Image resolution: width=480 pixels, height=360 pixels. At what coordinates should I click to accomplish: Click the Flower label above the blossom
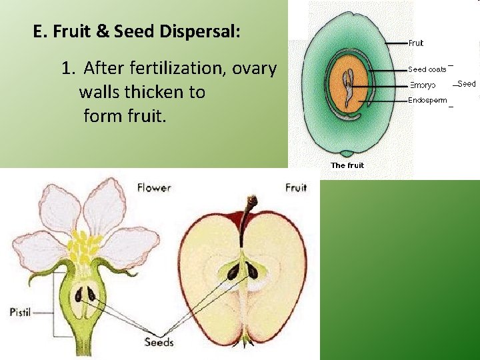154,187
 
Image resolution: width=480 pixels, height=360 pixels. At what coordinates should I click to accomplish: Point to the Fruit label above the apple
296,187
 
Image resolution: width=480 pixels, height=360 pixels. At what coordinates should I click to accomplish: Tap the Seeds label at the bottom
159,342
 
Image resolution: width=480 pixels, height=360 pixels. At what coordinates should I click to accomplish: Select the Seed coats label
427,69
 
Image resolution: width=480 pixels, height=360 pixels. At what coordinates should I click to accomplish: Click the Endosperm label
427,101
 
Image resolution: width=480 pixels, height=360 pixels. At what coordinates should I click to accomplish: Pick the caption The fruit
347,165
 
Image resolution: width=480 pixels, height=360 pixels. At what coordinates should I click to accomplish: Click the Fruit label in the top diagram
416,43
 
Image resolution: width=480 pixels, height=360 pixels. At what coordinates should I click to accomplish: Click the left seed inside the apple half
234,270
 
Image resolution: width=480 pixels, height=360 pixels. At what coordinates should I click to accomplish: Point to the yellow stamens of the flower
83,247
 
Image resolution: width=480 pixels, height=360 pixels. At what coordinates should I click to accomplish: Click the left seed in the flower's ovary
79,294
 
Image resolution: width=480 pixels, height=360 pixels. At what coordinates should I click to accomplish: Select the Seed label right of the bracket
467,84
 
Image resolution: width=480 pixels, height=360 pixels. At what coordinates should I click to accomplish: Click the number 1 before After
66,68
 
